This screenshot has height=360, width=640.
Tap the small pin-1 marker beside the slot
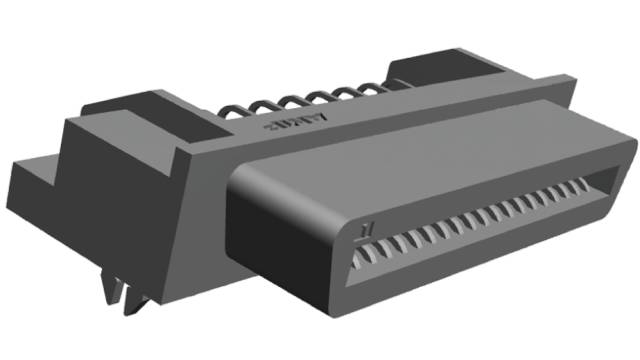366,231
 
